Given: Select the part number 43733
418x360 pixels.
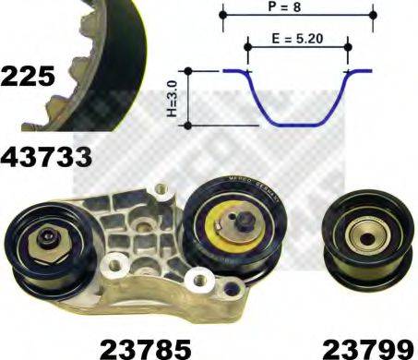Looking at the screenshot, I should point(46,157).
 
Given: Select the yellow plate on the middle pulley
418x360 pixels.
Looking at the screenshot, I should point(226,231).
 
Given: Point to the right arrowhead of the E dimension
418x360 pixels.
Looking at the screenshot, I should point(345,41).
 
